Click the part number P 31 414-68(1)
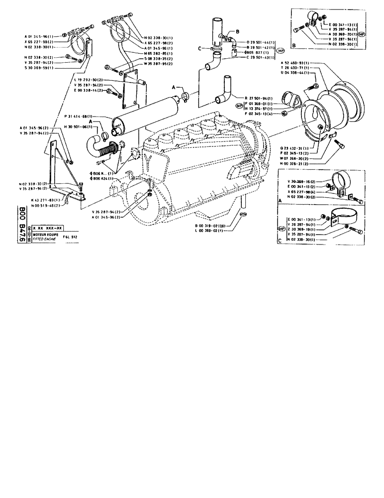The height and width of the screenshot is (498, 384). pos(83,117)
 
